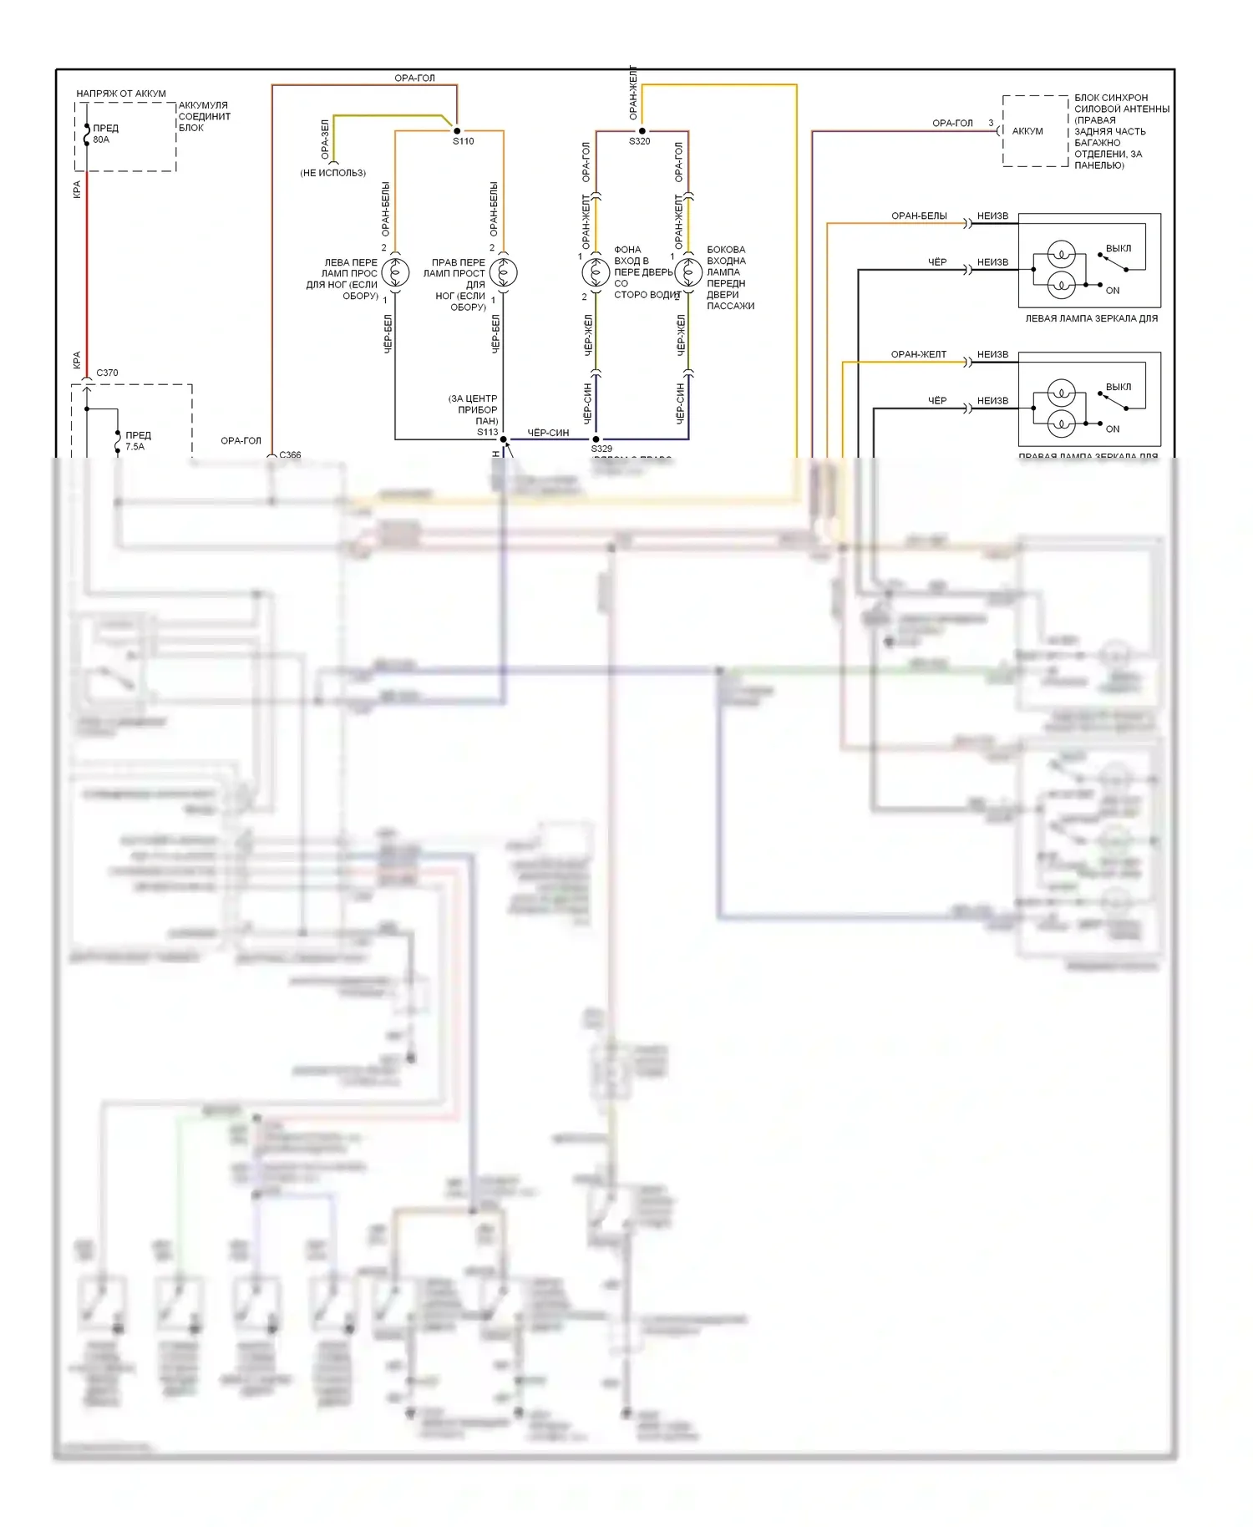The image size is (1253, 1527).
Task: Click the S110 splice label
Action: (x=464, y=141)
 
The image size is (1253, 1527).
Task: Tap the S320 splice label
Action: (x=640, y=141)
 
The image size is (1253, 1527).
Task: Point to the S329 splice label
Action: (x=601, y=449)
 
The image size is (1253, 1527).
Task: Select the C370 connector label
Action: (x=108, y=373)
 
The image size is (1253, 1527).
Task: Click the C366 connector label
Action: (x=290, y=454)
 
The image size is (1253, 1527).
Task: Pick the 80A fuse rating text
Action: (x=101, y=140)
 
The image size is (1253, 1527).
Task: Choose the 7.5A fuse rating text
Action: (x=134, y=447)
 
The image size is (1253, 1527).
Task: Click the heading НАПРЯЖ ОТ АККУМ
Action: (x=121, y=94)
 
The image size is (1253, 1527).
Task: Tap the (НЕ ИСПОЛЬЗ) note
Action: (x=332, y=173)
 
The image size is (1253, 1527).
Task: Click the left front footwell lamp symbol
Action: (x=395, y=272)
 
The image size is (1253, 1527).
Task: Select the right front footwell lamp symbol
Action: (x=503, y=272)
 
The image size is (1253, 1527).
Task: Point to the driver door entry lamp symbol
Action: (x=596, y=272)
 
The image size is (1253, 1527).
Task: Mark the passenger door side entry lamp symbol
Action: (x=688, y=272)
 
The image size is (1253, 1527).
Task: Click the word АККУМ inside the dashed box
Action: (x=1027, y=131)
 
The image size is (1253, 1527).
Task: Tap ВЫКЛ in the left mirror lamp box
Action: (x=1119, y=248)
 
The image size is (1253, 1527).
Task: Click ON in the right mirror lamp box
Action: (x=1113, y=429)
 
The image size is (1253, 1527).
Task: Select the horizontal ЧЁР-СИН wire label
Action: (x=548, y=433)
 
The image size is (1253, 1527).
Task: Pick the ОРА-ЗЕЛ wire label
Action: (x=325, y=140)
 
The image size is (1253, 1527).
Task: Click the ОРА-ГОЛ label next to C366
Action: (x=241, y=440)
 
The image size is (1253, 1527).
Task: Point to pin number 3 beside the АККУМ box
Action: (x=991, y=123)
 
